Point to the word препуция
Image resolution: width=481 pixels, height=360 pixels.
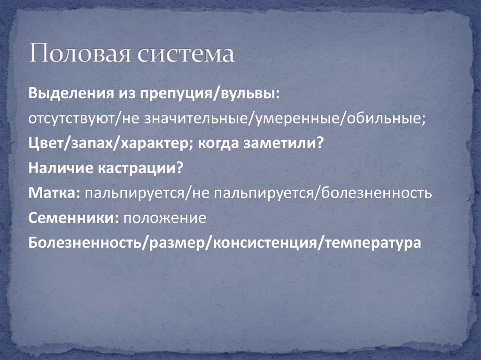point(176,93)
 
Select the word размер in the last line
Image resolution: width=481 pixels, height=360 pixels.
point(179,244)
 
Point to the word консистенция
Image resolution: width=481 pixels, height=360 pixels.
point(265,244)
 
